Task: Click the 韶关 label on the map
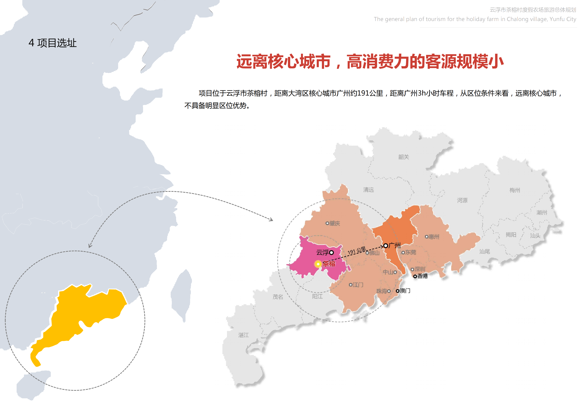click(403, 157)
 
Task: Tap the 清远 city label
click(368, 190)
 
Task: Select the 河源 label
click(462, 200)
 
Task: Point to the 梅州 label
click(515, 190)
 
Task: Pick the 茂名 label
click(278, 297)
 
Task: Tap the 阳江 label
click(317, 296)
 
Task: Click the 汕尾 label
click(484, 252)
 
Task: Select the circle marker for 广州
click(386, 246)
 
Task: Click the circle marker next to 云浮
click(331, 252)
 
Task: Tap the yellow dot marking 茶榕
click(318, 264)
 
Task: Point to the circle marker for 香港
click(415, 276)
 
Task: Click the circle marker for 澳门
click(397, 291)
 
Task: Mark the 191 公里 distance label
click(357, 251)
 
